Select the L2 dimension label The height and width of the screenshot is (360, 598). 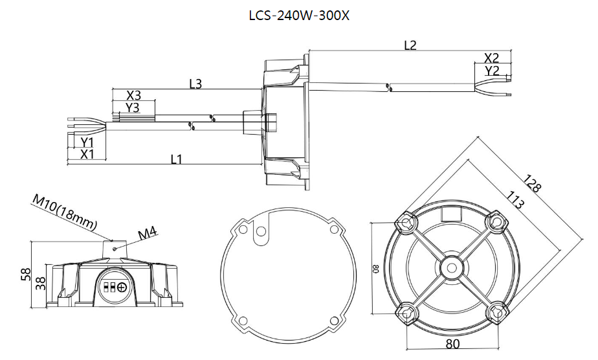pos(410,45)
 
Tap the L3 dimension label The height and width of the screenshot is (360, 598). pos(195,84)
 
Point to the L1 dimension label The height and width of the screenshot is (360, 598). pos(176,159)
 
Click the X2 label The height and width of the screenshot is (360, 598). pos(492,58)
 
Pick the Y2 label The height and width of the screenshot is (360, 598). pos(492,71)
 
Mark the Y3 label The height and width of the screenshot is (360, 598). pos(133,107)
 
